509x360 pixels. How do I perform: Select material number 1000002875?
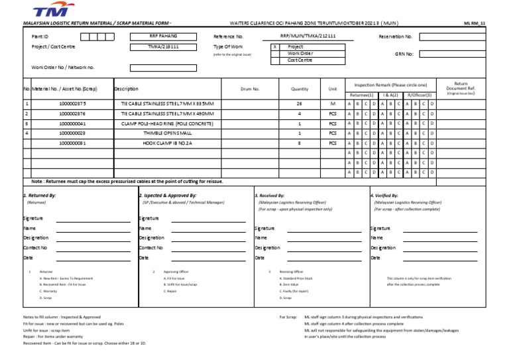pos(72,104)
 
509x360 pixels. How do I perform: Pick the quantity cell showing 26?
pos(299,104)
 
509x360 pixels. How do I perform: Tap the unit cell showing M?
pos(333,104)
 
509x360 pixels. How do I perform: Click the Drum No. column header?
pos(250,89)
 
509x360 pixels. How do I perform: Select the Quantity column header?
pos(300,89)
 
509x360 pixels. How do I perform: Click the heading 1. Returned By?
pos(40,196)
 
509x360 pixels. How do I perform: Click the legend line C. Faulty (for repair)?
pos(295,291)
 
